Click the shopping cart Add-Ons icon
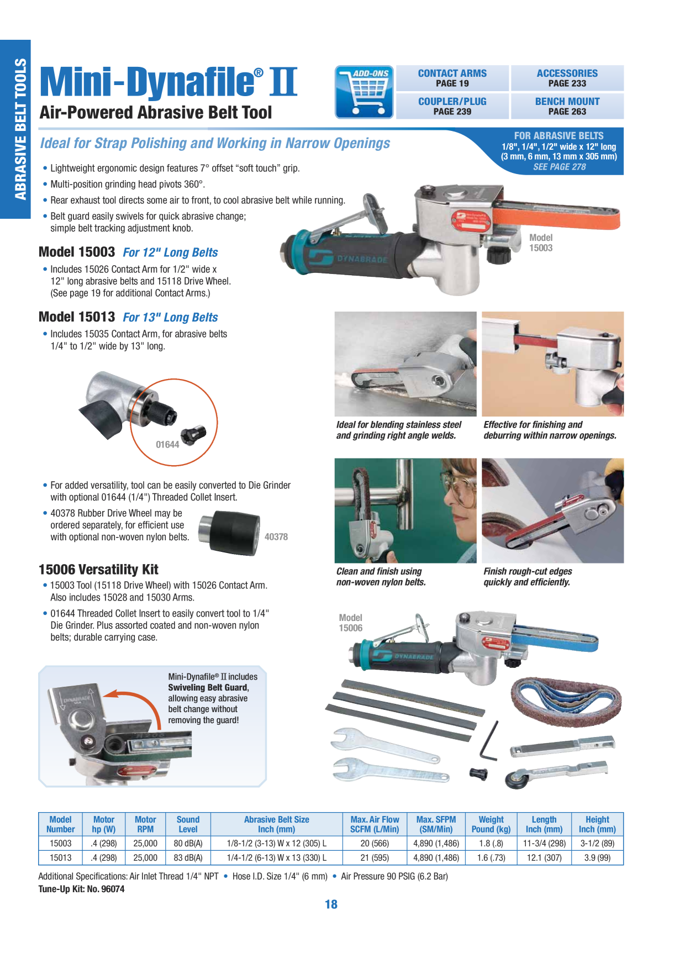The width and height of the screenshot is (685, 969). [364, 92]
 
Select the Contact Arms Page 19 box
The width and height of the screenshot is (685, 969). [452, 78]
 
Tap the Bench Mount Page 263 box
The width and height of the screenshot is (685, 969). [567, 106]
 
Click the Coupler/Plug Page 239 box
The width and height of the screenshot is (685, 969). [452, 106]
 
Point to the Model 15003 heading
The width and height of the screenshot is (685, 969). [77, 252]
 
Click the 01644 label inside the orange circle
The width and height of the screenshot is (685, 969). [167, 445]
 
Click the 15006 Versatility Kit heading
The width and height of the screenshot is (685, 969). [98, 570]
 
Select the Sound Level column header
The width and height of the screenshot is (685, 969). [188, 824]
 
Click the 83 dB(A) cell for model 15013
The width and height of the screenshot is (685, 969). [188, 858]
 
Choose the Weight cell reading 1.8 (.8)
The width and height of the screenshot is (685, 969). [491, 844]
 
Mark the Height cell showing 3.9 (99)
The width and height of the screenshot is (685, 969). [597, 858]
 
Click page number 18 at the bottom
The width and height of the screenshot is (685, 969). [331, 904]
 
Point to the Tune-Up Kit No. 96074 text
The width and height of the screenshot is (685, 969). [81, 889]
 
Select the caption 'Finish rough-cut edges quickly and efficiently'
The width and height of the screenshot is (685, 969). [528, 577]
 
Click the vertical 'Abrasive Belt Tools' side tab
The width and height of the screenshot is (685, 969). [20, 129]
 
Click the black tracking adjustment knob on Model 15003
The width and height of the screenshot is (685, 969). [499, 254]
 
